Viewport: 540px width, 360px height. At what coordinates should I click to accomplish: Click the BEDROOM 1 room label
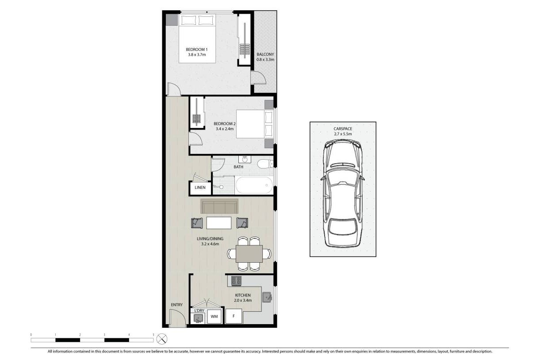tap(196, 50)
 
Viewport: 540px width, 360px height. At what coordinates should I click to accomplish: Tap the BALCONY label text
tap(265, 54)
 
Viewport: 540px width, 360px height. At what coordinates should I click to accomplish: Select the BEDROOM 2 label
tap(224, 124)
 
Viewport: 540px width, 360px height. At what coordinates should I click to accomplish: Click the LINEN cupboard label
tap(200, 188)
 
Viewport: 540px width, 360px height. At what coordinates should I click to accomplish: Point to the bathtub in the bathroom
tap(254, 185)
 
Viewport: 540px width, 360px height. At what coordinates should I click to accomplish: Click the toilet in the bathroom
tap(265, 164)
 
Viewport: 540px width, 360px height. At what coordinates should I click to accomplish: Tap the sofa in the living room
tap(219, 206)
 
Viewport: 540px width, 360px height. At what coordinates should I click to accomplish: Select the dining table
tap(249, 254)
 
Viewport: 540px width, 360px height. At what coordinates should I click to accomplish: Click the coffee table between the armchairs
tap(219, 223)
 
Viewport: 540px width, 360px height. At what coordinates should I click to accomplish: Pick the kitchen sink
tap(267, 297)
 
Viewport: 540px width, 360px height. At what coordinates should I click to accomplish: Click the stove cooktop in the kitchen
tap(236, 281)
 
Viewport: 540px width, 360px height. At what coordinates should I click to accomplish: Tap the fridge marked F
tap(234, 316)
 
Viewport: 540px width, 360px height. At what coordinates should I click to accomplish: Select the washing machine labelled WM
tap(214, 316)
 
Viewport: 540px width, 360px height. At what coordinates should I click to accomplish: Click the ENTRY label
tap(177, 305)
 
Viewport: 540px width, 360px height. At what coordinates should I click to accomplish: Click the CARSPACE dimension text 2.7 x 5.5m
tap(343, 134)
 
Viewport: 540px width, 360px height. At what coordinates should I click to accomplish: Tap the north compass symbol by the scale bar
tap(162, 339)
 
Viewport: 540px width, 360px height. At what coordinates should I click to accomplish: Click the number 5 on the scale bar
tap(153, 335)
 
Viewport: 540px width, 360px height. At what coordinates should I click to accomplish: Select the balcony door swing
tap(258, 78)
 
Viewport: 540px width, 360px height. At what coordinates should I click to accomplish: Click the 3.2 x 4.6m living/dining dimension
tap(210, 244)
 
